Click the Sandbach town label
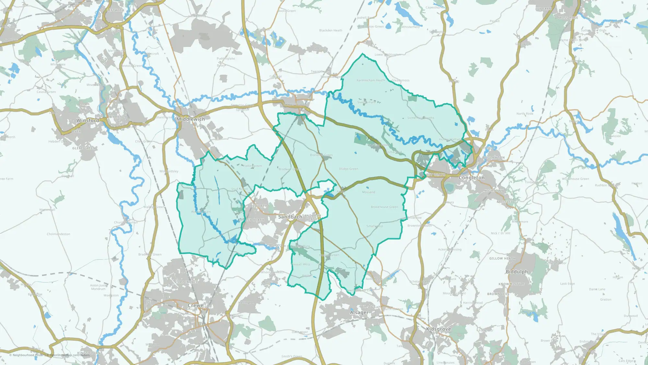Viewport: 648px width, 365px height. (x=290, y=217)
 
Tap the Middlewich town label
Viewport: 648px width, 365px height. (x=191, y=119)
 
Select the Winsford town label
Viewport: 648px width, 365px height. (x=88, y=120)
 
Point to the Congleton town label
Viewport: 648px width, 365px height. (x=472, y=178)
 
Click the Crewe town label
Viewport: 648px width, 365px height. (x=196, y=305)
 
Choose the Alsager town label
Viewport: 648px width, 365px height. (x=359, y=312)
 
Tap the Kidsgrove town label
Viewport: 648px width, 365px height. (x=438, y=329)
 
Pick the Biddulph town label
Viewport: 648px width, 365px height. (x=517, y=272)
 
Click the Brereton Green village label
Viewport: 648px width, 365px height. (x=321, y=155)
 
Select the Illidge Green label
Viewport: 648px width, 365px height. (x=349, y=169)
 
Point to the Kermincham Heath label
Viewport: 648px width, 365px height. (x=371, y=80)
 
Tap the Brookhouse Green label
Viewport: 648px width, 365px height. (x=384, y=207)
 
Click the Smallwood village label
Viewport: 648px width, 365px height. (x=375, y=226)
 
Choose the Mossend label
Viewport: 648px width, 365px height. (x=368, y=192)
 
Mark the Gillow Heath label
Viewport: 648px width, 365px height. (x=502, y=259)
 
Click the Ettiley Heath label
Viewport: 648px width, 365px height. (x=251, y=220)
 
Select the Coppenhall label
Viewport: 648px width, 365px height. (x=186, y=282)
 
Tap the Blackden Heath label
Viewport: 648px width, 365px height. (x=330, y=30)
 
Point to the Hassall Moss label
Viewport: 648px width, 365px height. (x=301, y=264)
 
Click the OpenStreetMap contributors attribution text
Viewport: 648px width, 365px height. (x=70, y=355)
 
